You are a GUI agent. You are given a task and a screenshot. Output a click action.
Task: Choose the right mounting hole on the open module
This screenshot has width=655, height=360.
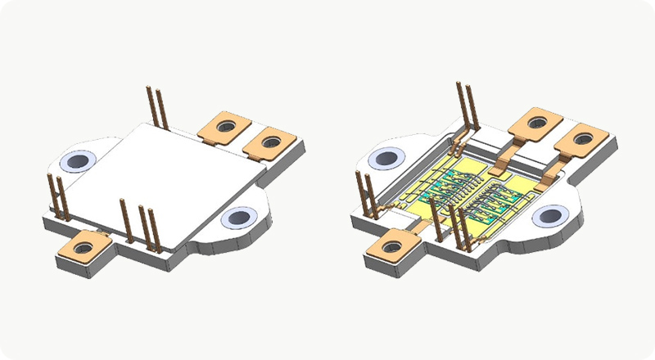pos(546,216)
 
